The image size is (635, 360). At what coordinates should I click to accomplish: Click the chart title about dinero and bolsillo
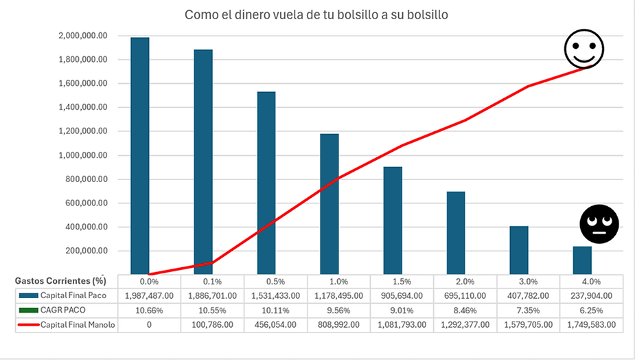[x=316, y=14]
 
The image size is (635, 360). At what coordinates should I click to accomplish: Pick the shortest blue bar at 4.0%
[x=582, y=260]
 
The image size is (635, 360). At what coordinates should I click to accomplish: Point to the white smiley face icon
[x=584, y=49]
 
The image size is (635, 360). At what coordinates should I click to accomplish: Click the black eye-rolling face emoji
[x=599, y=223]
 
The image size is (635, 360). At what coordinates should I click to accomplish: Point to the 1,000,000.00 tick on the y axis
[x=84, y=155]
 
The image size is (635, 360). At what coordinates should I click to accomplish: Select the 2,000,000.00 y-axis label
[x=84, y=36]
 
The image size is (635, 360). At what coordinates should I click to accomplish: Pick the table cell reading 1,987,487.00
[x=149, y=295]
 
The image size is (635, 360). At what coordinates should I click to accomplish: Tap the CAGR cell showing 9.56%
[x=338, y=310]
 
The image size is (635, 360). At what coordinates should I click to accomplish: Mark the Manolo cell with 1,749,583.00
[x=591, y=324]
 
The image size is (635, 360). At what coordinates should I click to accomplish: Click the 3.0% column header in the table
[x=528, y=281]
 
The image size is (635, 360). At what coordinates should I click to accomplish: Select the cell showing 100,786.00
[x=212, y=324]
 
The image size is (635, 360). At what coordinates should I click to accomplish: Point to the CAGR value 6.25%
[x=591, y=310]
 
